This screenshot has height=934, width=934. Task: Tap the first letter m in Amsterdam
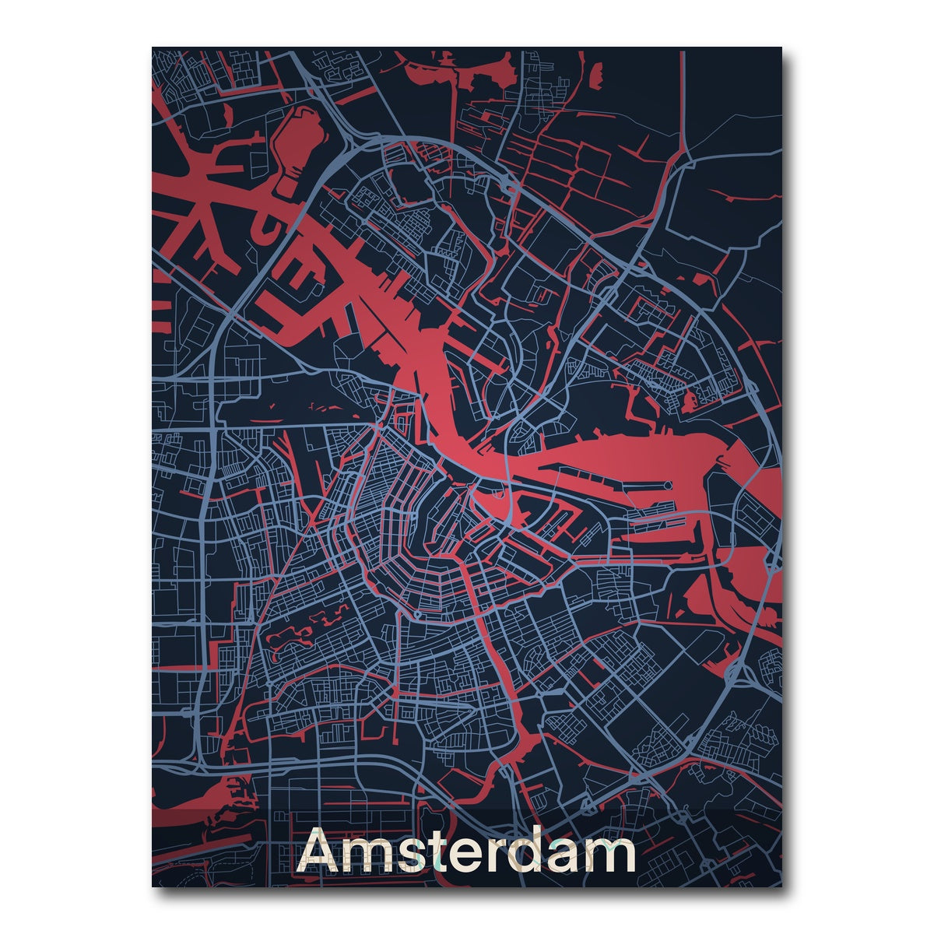[x=368, y=857]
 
